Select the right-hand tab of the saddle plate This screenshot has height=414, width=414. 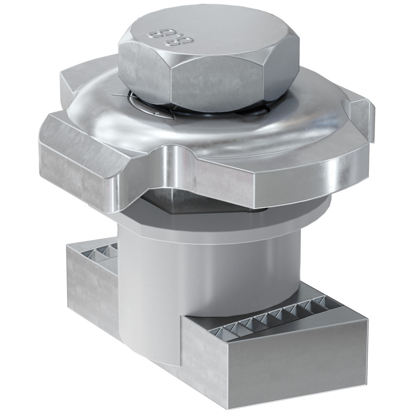pos(362,116)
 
